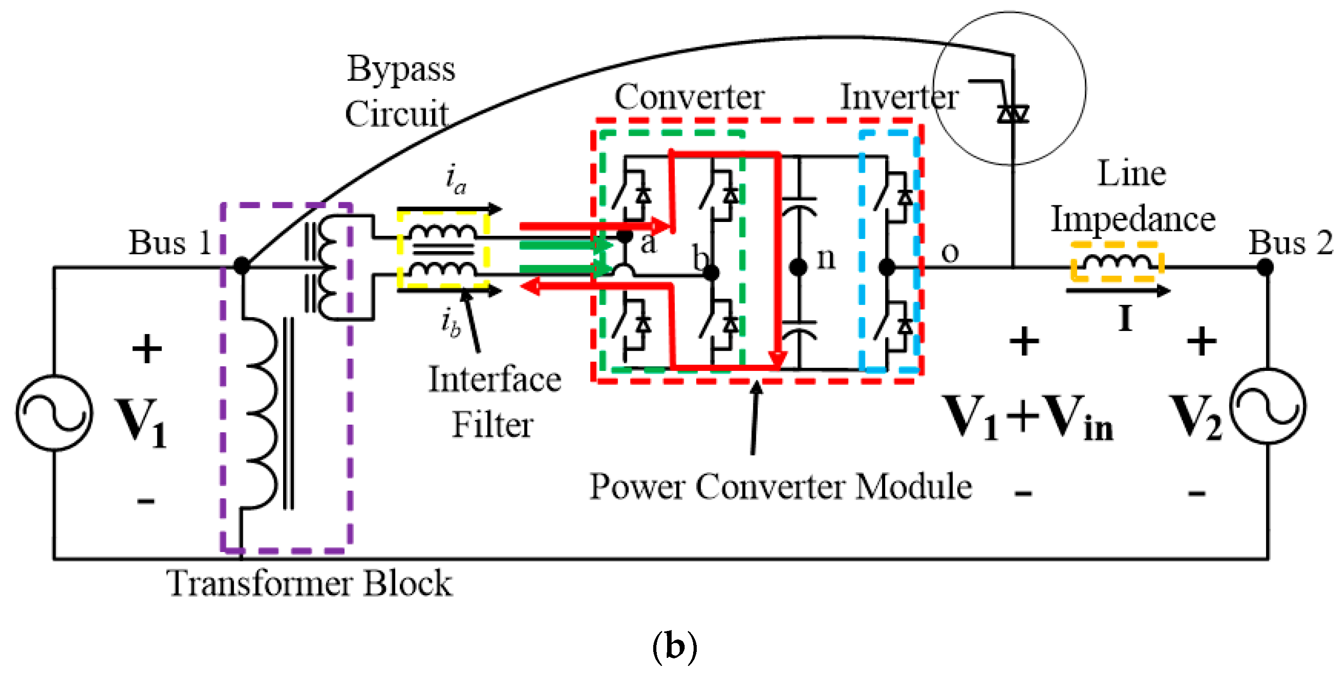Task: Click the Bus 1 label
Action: click(x=169, y=243)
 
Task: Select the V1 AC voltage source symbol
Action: click(x=54, y=413)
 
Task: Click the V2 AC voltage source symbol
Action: click(x=1267, y=406)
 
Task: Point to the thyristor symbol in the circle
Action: click(x=1013, y=113)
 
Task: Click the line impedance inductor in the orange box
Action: click(x=1116, y=262)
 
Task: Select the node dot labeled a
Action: click(x=624, y=236)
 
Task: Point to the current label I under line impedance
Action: click(x=1124, y=318)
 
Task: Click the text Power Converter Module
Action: click(x=780, y=487)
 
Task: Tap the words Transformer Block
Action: click(x=309, y=583)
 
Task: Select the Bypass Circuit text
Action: click(x=399, y=91)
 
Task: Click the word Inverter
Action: click(x=899, y=97)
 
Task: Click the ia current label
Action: click(x=456, y=179)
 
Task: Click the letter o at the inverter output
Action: click(x=949, y=253)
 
